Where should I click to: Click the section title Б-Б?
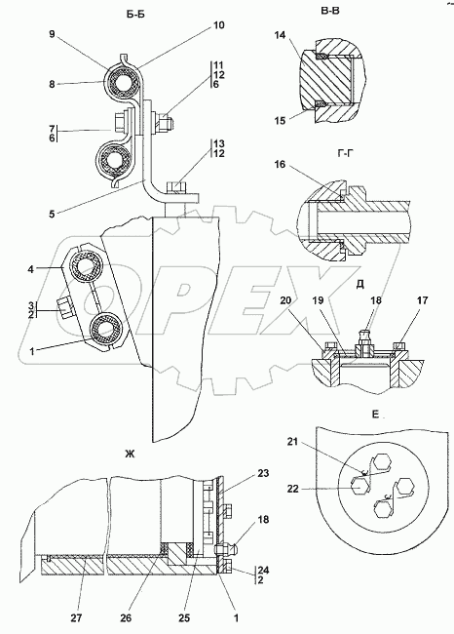click(134, 15)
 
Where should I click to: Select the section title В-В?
click(330, 11)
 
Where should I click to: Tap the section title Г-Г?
click(345, 153)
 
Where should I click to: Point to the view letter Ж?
click(130, 455)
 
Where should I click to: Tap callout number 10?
click(218, 25)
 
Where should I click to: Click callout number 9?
click(52, 34)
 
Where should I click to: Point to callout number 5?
click(52, 214)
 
